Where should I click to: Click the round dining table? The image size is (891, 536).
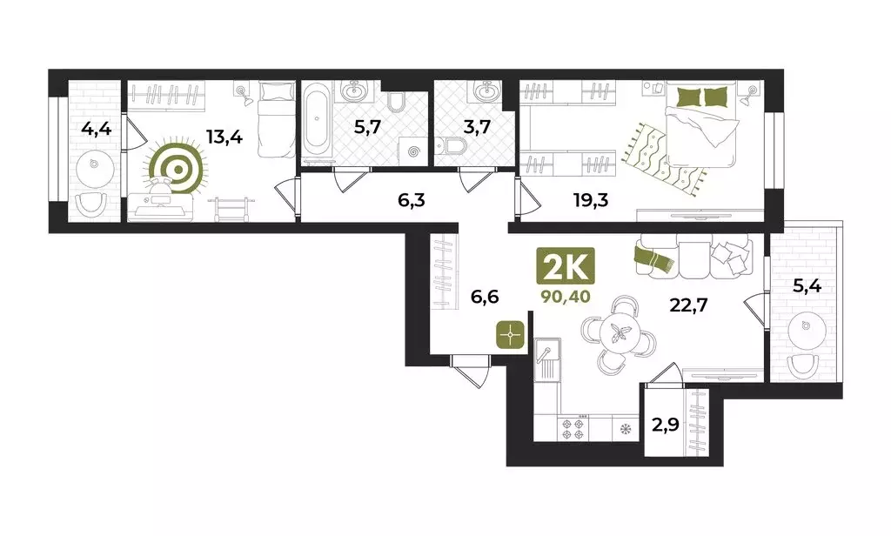[x=621, y=332]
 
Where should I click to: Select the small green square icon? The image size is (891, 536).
[x=512, y=333]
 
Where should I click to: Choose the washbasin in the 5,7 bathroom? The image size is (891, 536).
[x=354, y=90]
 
